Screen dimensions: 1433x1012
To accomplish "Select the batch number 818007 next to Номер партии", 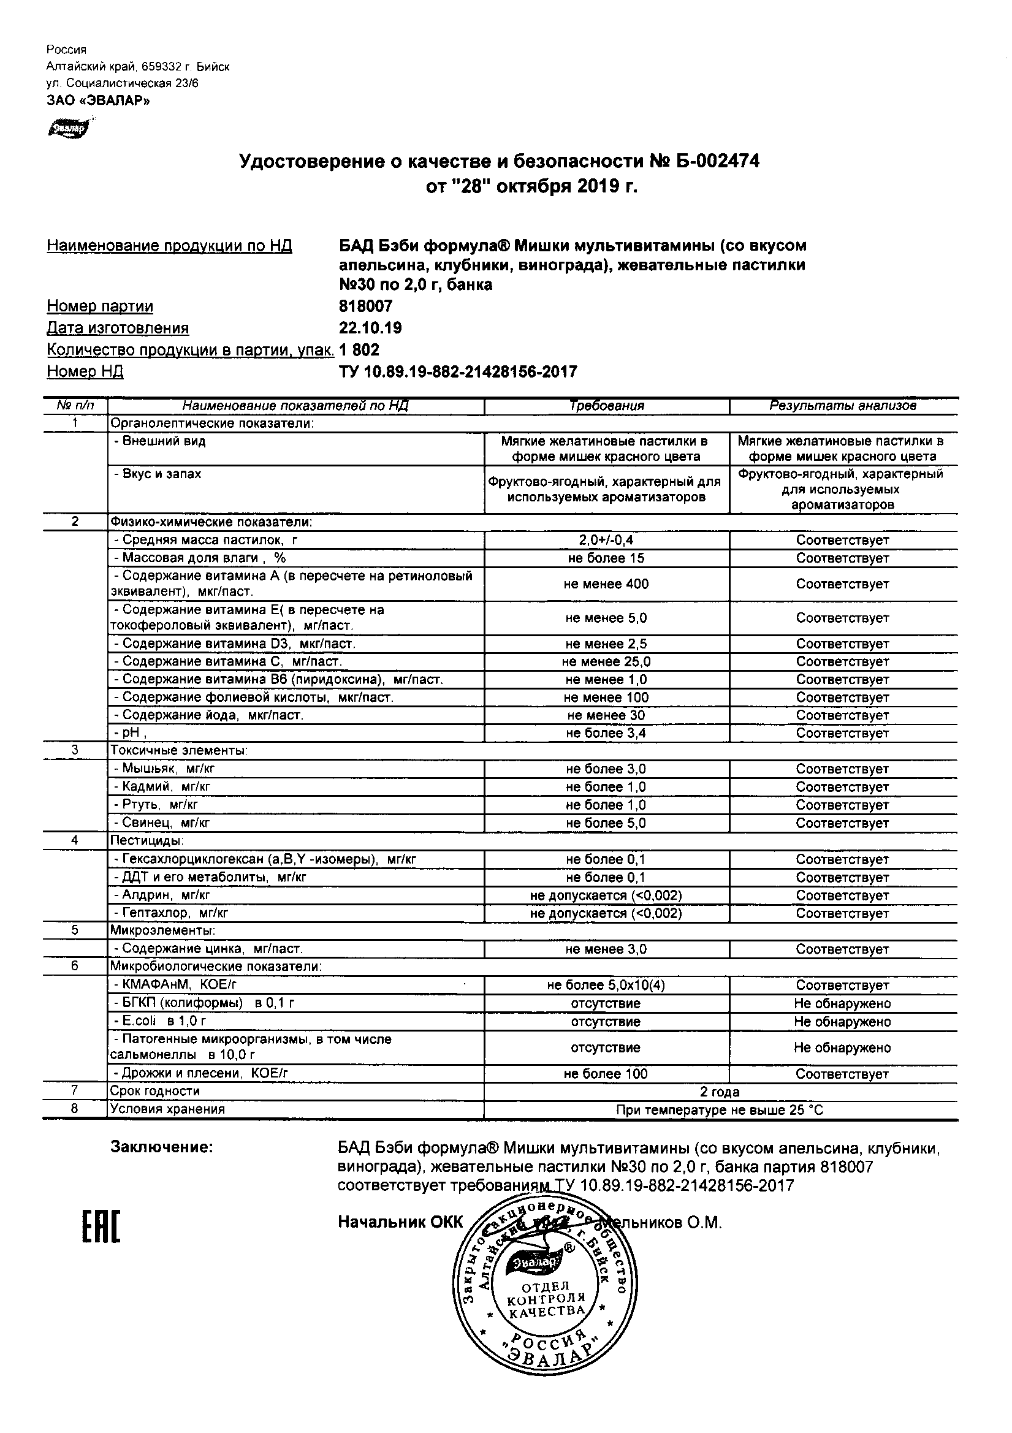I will click(365, 306).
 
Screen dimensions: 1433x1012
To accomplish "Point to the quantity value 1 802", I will click(359, 349).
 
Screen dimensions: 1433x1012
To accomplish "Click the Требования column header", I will click(606, 406).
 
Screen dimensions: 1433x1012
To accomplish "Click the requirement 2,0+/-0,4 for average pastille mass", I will click(606, 540).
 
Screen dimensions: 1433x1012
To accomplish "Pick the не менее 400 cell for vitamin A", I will click(606, 584).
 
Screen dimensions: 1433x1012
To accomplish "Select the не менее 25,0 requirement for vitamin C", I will click(606, 661).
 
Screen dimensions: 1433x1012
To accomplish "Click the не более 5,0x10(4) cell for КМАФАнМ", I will click(606, 986).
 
